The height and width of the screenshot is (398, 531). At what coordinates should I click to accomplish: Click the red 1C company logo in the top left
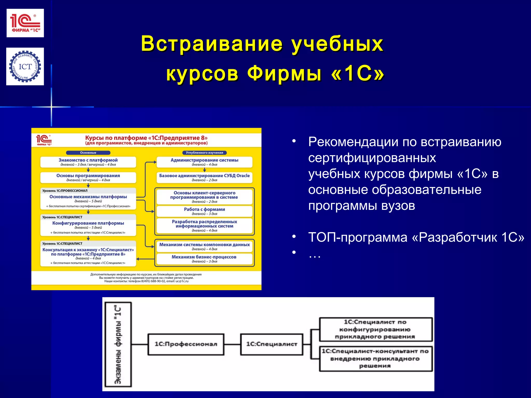coord(25,23)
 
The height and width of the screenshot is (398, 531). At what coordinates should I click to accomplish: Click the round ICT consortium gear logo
coord(25,67)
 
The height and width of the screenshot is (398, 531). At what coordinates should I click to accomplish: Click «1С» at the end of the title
coord(358,74)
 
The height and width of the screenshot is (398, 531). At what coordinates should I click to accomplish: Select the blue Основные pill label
coord(88,153)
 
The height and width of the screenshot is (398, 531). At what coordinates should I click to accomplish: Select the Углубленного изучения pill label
coord(204,153)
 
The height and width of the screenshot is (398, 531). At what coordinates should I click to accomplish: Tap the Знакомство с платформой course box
coord(88,162)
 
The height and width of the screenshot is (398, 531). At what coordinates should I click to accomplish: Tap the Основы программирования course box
coord(88,177)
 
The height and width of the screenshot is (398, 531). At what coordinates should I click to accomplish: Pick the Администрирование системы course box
coord(204,162)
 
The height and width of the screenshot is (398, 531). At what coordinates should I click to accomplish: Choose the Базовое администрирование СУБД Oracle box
coord(204,177)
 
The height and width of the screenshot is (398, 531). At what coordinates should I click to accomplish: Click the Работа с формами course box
coord(204,211)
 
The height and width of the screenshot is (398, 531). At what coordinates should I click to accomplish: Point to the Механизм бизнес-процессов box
coord(204,259)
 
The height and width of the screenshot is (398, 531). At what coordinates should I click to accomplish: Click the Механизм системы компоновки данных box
coord(204,246)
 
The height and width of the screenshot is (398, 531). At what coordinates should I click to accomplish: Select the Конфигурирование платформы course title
coord(88,223)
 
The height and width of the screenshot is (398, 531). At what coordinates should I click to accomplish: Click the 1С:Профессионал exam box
coord(186,344)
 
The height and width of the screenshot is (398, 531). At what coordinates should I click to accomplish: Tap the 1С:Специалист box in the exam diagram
coord(271,344)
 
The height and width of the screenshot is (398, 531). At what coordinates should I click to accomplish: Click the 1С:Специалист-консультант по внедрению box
coord(375,359)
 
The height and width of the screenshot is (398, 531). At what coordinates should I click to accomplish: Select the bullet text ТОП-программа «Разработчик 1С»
coord(416,237)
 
